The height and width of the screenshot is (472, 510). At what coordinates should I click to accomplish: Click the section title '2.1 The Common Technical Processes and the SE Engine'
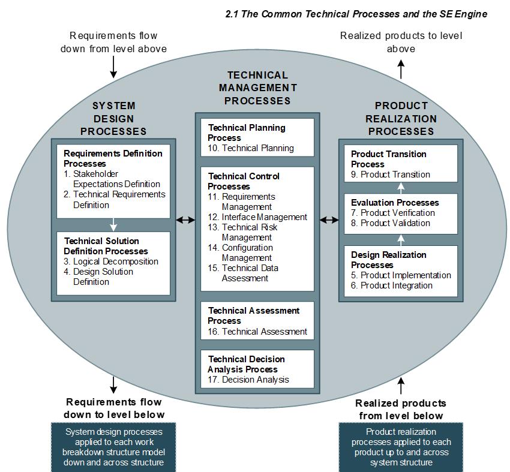[x=356, y=13]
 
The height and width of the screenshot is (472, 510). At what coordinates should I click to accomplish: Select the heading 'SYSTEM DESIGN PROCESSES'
[x=113, y=118]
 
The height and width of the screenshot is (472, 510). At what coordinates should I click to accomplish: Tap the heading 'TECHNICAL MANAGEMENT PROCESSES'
[x=257, y=88]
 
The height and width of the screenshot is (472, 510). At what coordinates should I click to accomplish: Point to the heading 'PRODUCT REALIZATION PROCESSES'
[x=401, y=118]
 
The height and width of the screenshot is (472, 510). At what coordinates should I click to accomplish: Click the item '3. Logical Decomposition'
[x=111, y=261]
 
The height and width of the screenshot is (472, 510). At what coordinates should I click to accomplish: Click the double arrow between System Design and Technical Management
[x=185, y=220]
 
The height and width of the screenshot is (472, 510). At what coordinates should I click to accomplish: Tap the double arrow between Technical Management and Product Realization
[x=329, y=220]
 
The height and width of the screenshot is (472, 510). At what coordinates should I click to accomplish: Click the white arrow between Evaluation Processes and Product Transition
[x=401, y=187]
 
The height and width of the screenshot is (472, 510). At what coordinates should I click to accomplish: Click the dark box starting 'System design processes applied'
[x=113, y=447]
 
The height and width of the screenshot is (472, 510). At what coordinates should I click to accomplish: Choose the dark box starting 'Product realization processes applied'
[x=401, y=447]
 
